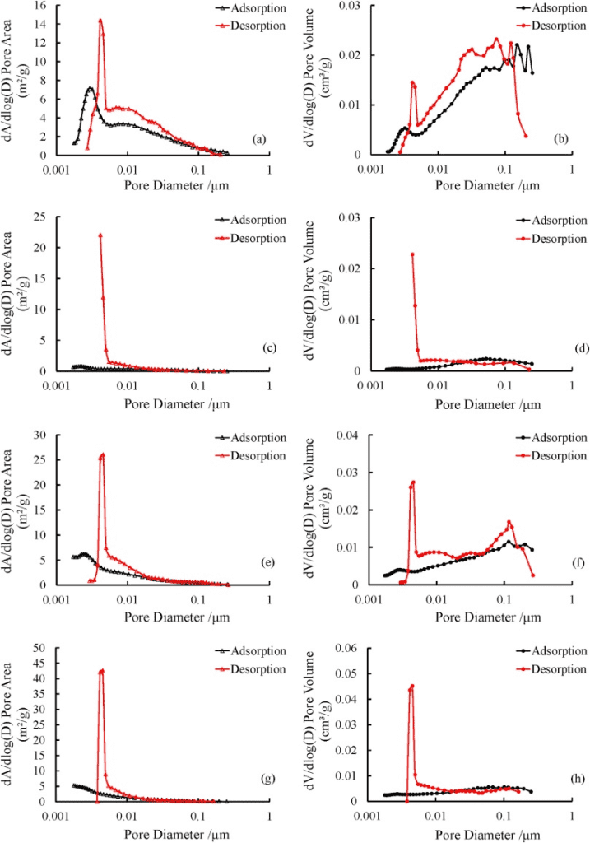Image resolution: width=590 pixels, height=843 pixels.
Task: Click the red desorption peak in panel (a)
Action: (x=100, y=21)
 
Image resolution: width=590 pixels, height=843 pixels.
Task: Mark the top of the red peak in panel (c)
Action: (x=100, y=235)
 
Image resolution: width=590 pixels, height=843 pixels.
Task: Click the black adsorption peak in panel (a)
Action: (x=89, y=87)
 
